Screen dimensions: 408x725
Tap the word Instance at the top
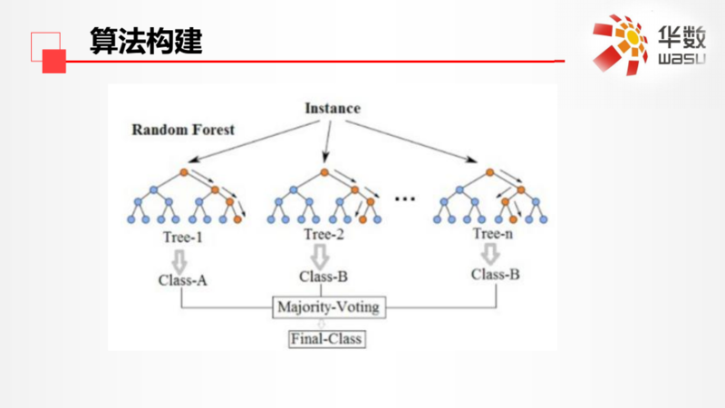[331, 109]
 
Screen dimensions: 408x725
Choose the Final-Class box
[326, 340]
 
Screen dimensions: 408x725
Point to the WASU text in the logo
[675, 60]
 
